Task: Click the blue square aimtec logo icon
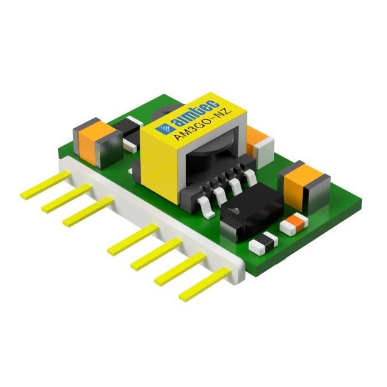161,128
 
